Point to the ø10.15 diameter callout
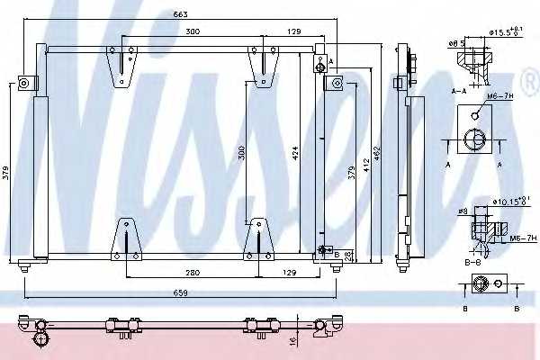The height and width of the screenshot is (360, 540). pyautogui.click(x=506, y=201)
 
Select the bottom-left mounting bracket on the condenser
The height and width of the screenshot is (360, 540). pyautogui.click(x=126, y=240)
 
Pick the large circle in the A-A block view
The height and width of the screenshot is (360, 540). pyautogui.click(x=473, y=139)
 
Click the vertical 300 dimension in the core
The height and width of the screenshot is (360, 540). pyautogui.click(x=240, y=153)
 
